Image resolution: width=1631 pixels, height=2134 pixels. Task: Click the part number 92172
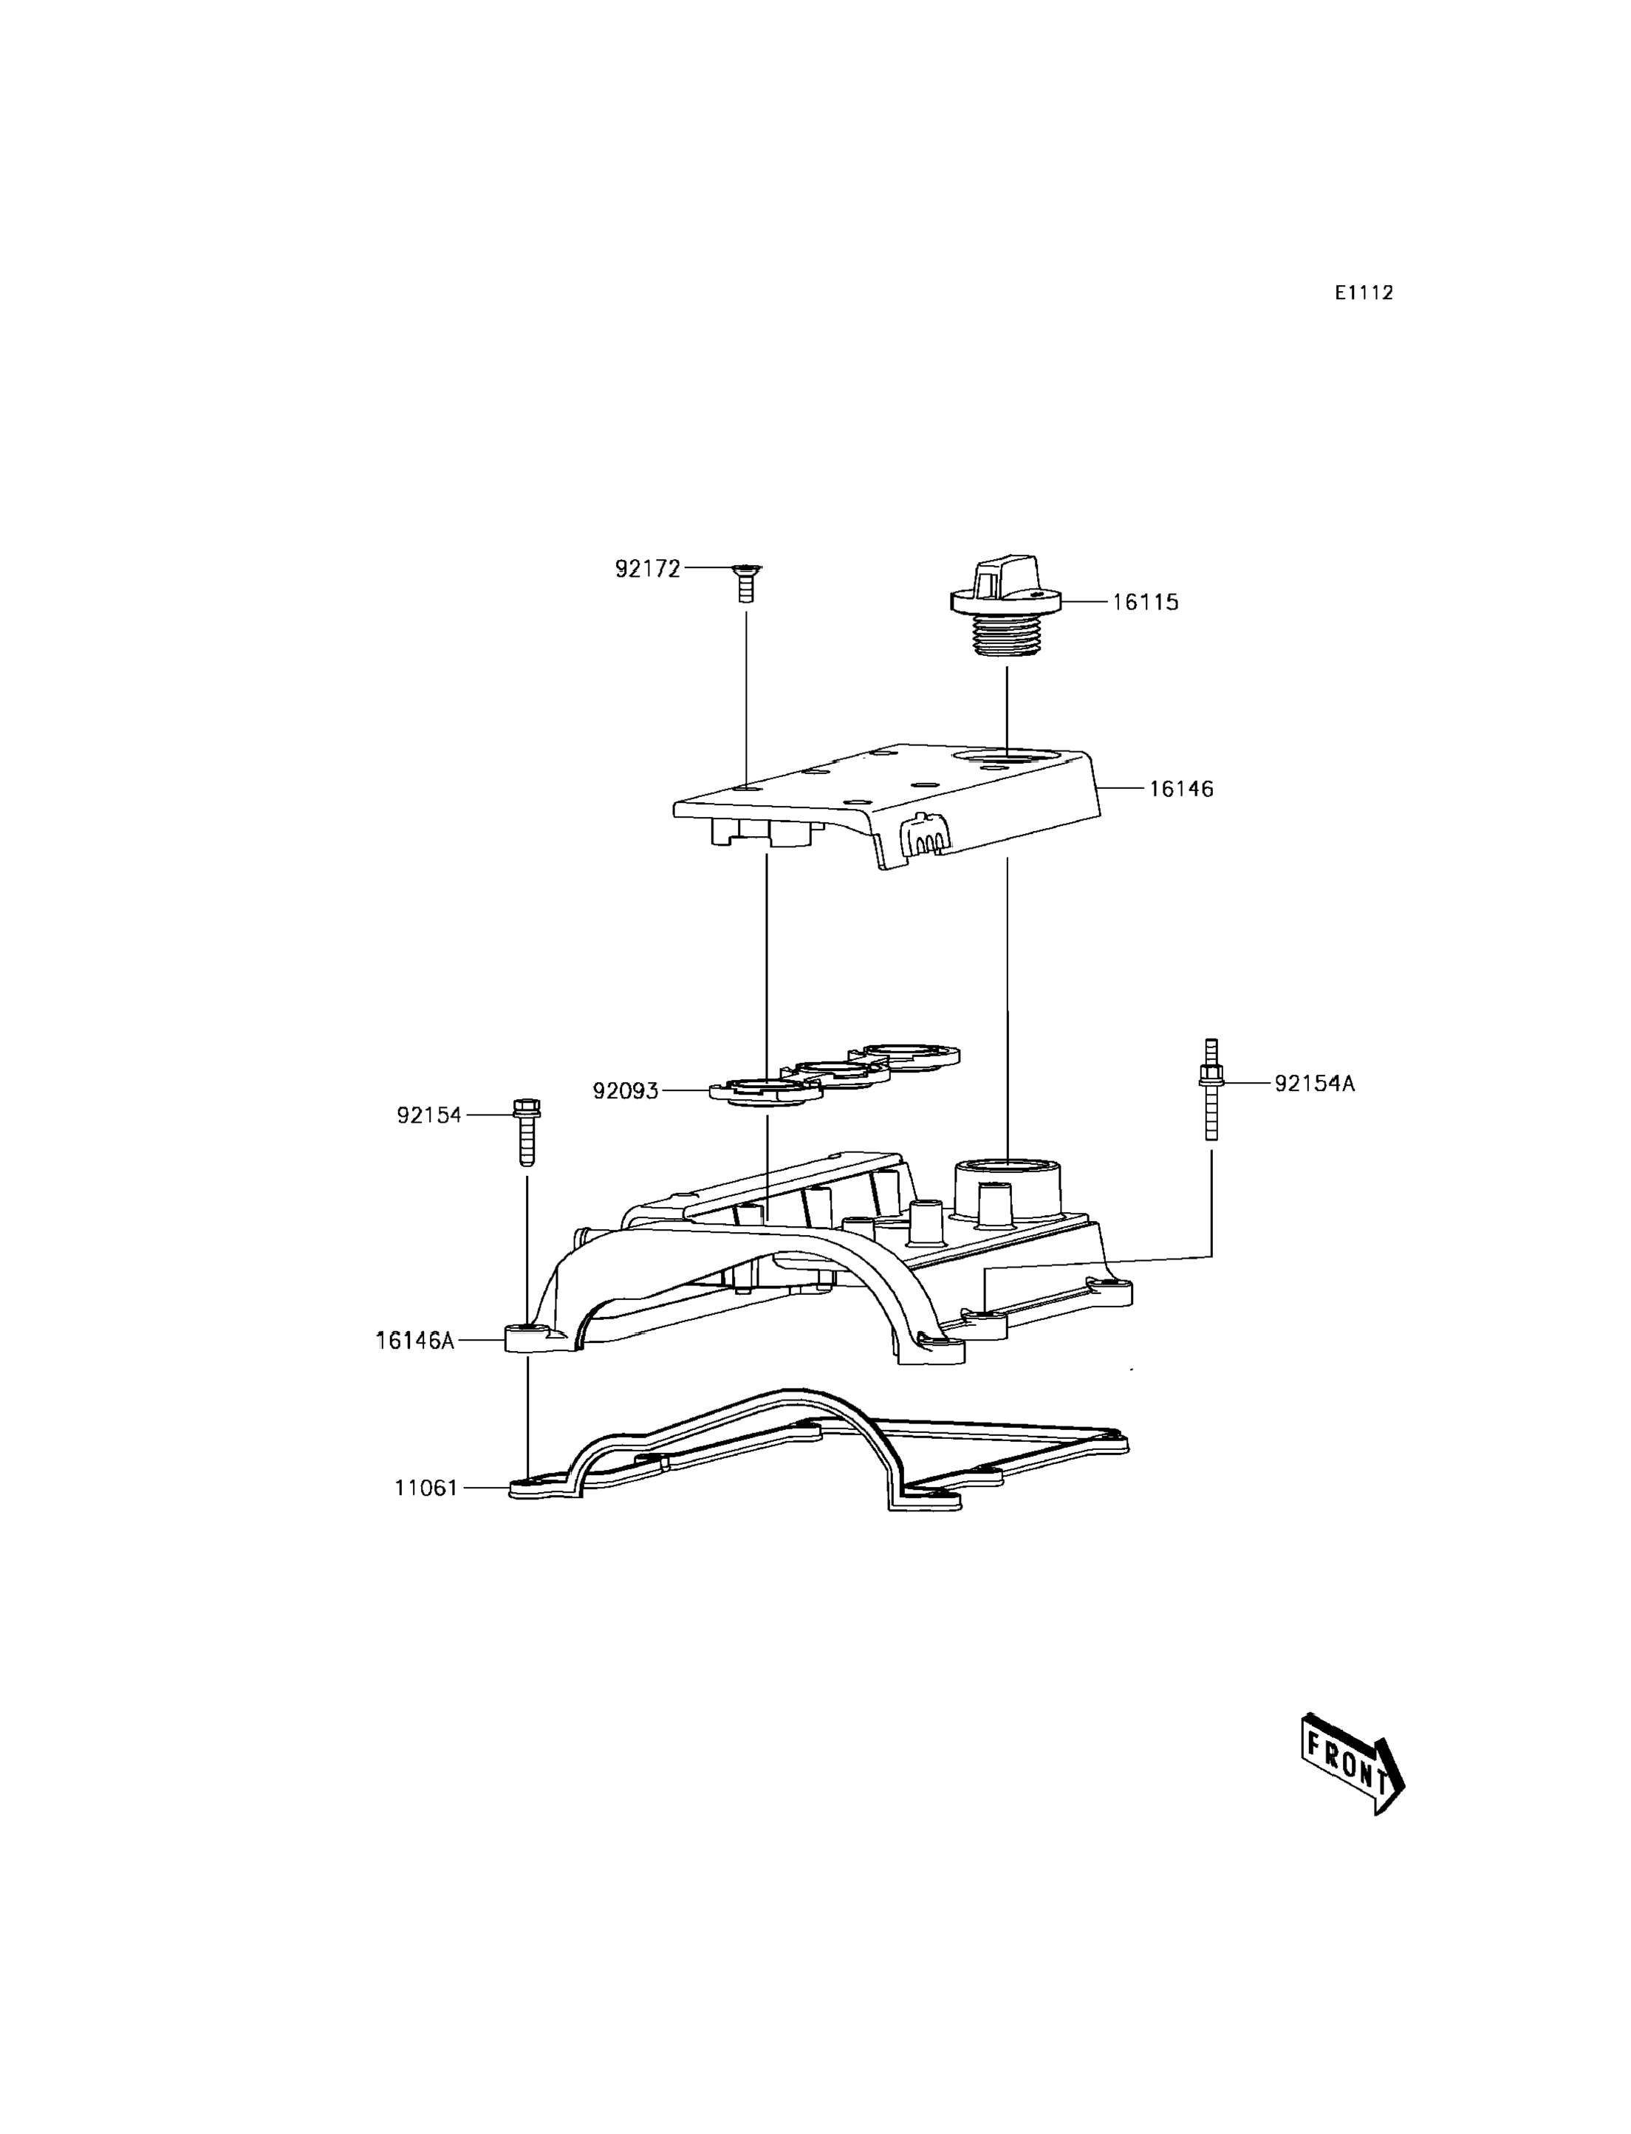(x=648, y=569)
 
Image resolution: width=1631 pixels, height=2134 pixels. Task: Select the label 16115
(x=1145, y=602)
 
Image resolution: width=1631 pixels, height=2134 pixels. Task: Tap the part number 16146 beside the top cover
(x=1180, y=790)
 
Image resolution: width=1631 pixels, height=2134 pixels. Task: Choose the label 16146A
(x=414, y=1341)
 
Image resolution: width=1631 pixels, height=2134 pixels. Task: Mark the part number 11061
(x=425, y=1488)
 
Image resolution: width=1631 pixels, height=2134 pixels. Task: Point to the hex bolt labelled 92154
(x=526, y=1131)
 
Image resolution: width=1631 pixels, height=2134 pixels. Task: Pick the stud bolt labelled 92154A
(x=1211, y=1090)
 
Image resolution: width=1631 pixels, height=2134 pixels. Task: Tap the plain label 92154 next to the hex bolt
(x=428, y=1115)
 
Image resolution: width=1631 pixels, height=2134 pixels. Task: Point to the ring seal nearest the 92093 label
(x=766, y=1090)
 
